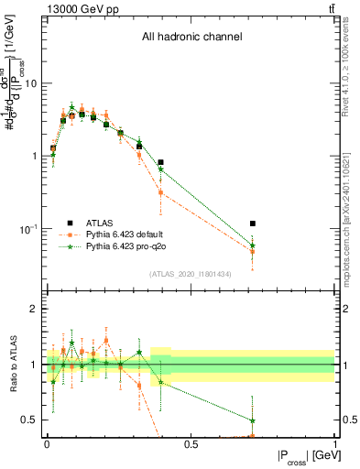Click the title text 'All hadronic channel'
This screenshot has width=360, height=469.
191,38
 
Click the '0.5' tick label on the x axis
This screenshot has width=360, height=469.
191,442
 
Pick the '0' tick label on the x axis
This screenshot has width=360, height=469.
47,442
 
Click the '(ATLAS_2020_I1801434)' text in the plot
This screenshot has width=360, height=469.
191,275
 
